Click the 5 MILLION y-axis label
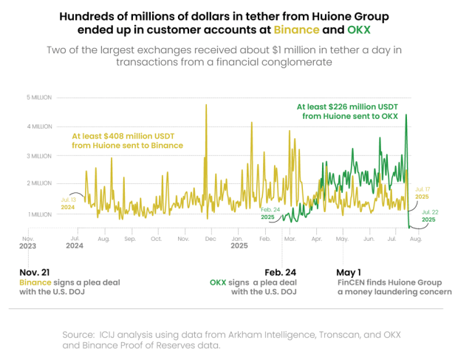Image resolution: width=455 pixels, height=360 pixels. (x=39, y=97)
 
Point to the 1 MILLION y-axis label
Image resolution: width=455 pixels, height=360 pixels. (x=40, y=214)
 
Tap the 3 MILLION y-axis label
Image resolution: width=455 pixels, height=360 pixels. (x=40, y=156)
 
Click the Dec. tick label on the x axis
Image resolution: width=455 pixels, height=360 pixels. (x=210, y=240)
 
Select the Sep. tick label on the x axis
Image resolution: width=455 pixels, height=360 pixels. (x=130, y=240)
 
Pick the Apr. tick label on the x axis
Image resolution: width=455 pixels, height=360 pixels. (x=317, y=240)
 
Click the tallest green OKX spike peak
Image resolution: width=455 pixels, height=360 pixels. (x=406, y=115)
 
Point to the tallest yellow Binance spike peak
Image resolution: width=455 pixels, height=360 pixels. (x=206, y=105)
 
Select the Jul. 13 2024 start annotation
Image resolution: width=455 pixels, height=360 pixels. (x=68, y=203)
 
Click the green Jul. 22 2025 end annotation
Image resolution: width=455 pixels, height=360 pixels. (x=430, y=216)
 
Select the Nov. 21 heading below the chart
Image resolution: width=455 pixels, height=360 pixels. (x=35, y=272)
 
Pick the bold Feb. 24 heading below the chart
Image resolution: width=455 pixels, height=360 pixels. (x=281, y=272)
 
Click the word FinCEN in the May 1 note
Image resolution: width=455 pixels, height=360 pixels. (x=352, y=282)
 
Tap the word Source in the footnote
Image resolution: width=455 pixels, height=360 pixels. (x=79, y=334)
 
